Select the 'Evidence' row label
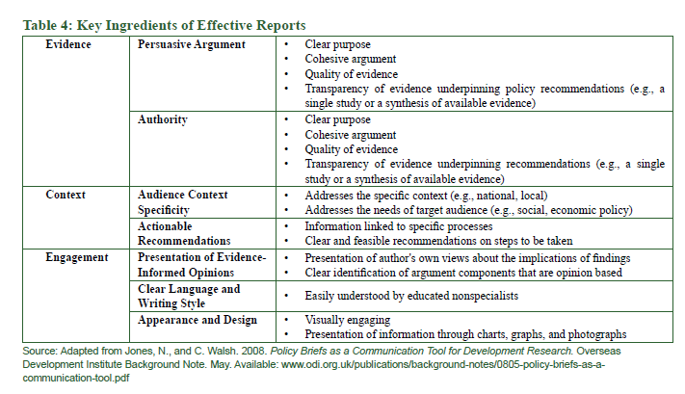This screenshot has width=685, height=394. coord(68,44)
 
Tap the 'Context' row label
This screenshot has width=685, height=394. coord(66,195)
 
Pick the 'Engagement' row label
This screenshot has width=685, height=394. coord(78,257)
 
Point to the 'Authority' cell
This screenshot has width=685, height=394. coord(163,119)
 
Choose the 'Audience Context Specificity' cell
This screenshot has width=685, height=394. coord(183,201)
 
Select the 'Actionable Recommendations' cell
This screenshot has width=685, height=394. coord(184,232)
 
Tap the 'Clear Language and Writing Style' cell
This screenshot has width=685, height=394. coord(189,296)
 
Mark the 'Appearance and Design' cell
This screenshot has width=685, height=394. coord(198,319)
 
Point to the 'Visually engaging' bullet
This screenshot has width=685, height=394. coord(349,319)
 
